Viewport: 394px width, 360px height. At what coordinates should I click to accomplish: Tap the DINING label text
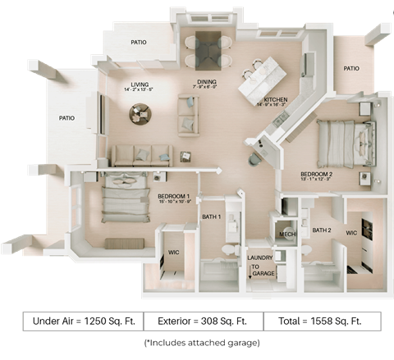click(x=205, y=82)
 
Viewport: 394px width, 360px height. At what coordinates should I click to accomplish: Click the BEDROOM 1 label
click(x=173, y=196)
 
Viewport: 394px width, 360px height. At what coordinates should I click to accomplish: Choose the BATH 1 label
click(x=210, y=216)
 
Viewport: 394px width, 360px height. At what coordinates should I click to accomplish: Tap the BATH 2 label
click(x=320, y=230)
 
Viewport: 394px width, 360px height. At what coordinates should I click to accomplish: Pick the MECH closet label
click(x=287, y=235)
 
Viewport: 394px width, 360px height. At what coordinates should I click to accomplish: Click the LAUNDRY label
click(x=260, y=257)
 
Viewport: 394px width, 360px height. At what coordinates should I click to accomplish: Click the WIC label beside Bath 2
click(x=351, y=233)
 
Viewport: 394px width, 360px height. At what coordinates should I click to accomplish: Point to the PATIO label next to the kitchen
click(x=351, y=69)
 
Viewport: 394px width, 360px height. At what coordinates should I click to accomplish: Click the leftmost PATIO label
click(x=66, y=118)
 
